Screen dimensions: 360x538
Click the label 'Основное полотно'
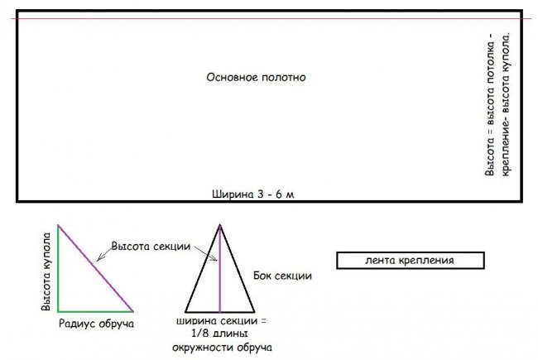[x=257, y=77]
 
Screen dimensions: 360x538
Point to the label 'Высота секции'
[x=151, y=247]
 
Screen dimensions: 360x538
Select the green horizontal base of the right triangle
[x=95, y=309]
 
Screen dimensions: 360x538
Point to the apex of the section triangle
[x=220, y=224]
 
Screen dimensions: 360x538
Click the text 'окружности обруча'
[x=221, y=348]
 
